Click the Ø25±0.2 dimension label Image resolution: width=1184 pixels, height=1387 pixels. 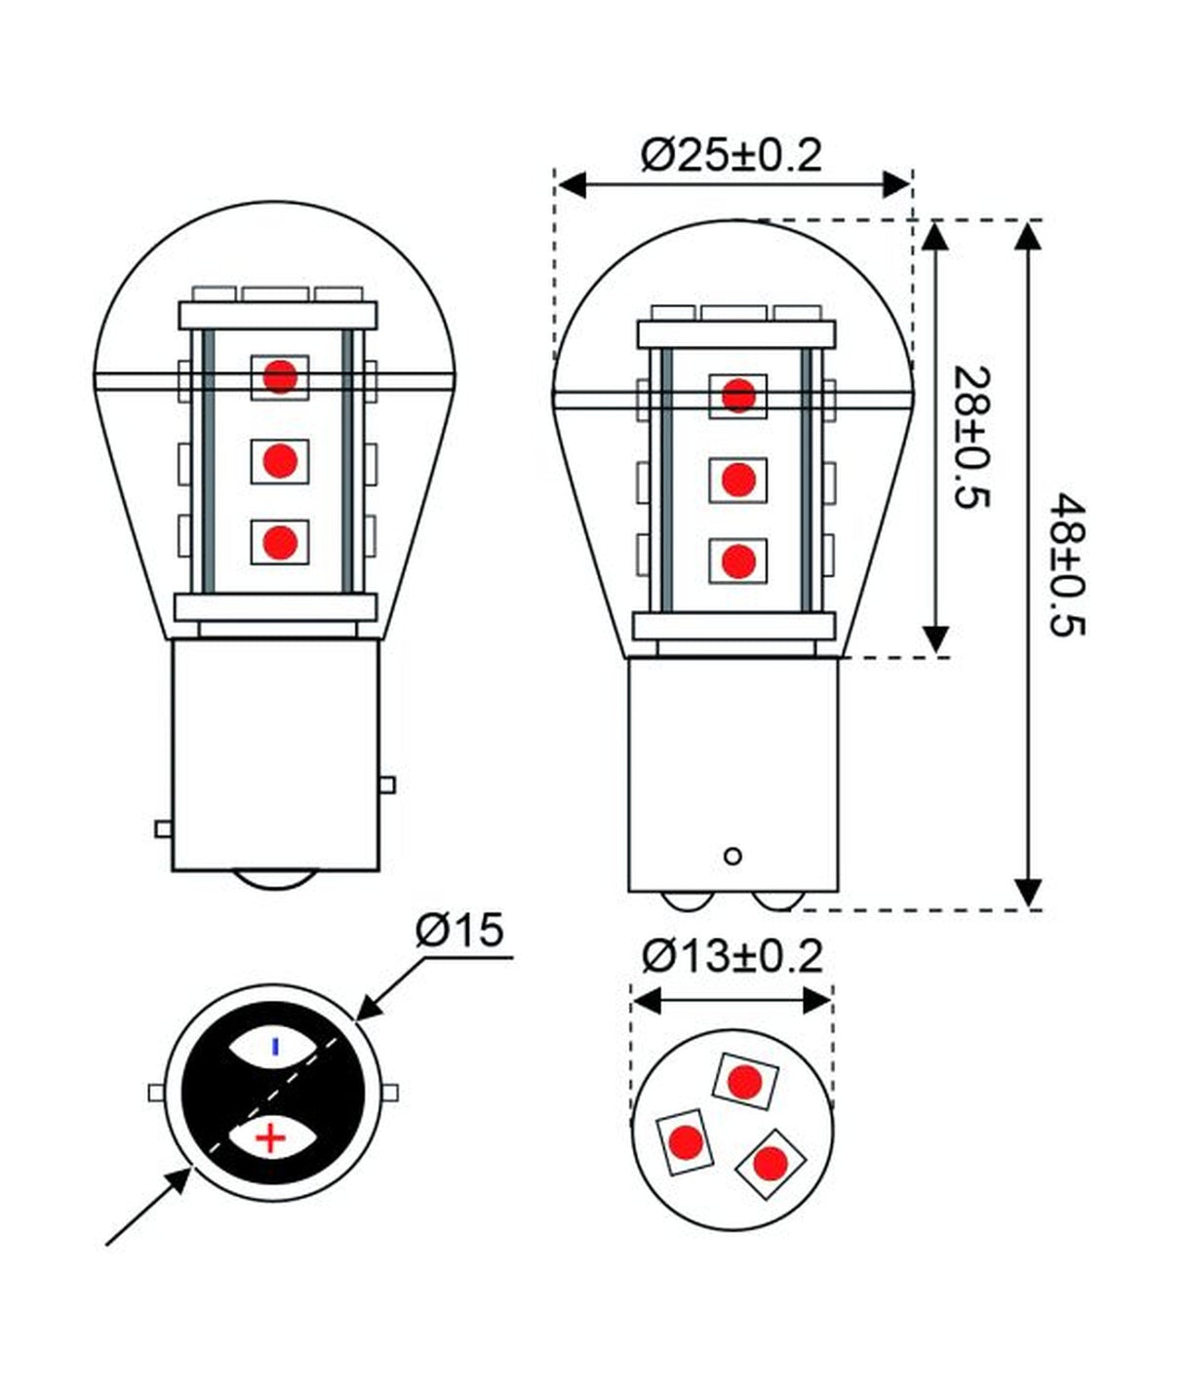[731, 156]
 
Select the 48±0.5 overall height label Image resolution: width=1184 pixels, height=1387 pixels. [1068, 565]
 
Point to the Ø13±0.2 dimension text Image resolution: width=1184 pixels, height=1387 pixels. [731, 956]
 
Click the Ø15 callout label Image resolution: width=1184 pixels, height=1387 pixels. [459, 931]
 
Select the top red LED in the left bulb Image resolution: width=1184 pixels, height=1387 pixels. [280, 376]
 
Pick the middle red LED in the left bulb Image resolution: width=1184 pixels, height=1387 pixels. [280, 460]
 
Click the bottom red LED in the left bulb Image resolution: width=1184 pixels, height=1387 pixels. [280, 541]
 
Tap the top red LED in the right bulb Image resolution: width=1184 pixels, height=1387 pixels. [738, 396]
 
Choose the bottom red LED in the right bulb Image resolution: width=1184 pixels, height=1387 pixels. [738, 560]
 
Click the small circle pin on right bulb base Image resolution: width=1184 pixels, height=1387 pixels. [733, 857]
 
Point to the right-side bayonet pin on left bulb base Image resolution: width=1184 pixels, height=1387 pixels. [387, 785]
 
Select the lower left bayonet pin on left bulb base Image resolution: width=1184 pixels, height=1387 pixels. [163, 828]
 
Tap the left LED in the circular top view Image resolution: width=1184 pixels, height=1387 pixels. [685, 1141]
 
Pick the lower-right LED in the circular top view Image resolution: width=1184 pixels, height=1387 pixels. [770, 1162]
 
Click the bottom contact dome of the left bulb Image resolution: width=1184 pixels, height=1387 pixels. [275, 879]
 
